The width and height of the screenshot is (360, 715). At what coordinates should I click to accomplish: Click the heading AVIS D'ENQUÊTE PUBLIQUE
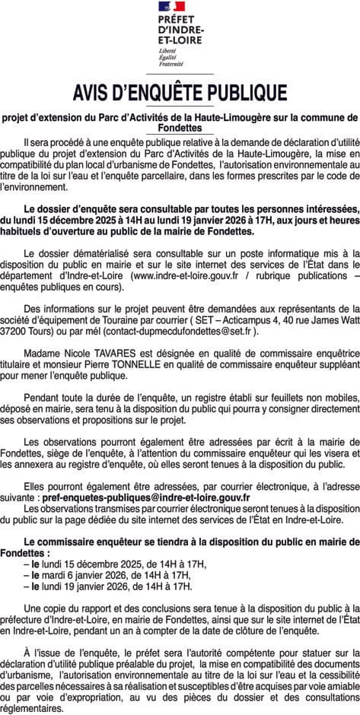coord(180,94)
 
